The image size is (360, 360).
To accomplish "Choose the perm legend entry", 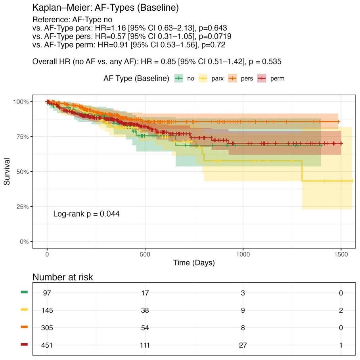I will pyautogui.click(x=272, y=79).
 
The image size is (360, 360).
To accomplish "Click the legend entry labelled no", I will pyautogui.click(x=185, y=79).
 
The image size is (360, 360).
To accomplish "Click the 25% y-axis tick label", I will pyautogui.click(x=21, y=207).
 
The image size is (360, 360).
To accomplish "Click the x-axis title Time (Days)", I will pyautogui.click(x=193, y=262).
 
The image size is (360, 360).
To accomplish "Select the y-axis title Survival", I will pyautogui.click(x=7, y=172).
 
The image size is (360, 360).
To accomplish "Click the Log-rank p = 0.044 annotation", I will pyautogui.click(x=86, y=214).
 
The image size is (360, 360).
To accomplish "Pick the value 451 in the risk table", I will pyautogui.click(x=47, y=345).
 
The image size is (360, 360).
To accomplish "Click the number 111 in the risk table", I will pyautogui.click(x=145, y=345).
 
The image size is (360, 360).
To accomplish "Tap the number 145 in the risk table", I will pyautogui.click(x=47, y=310).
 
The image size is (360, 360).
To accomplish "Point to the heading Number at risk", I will pyautogui.click(x=63, y=277).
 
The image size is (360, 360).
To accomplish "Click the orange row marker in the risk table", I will pyautogui.click(x=24, y=327).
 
